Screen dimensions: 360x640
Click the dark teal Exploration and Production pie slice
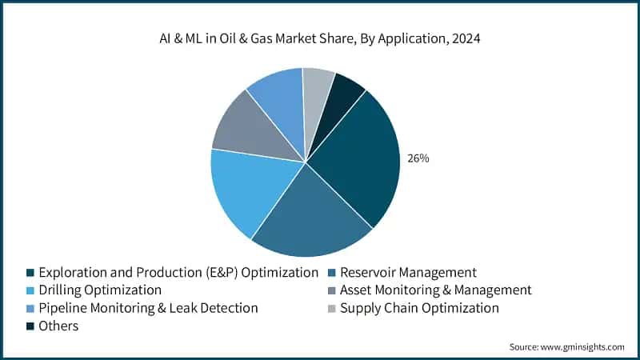[356, 160]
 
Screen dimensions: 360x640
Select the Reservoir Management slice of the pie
[308, 216]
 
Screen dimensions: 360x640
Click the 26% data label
[418, 158]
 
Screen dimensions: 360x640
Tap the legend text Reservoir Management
[408, 272]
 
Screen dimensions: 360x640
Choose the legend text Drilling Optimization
[100, 290]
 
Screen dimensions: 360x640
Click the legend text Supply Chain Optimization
[419, 308]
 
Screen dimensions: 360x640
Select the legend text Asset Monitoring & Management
[435, 290]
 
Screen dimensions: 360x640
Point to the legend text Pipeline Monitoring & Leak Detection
[148, 308]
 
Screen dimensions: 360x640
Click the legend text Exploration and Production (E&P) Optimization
[178, 272]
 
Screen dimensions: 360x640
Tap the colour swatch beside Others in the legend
[30, 326]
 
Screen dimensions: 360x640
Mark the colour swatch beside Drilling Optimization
[30, 290]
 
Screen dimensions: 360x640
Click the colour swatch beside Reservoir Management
[331, 273]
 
